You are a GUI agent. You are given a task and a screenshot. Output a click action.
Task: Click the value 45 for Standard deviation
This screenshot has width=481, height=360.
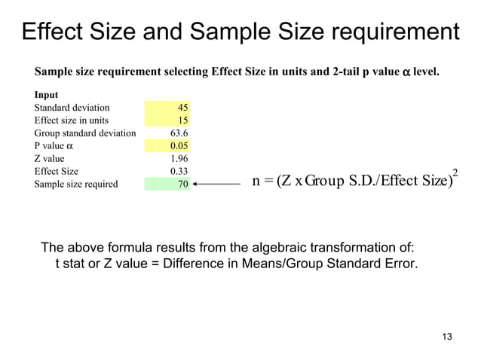pos(182,108)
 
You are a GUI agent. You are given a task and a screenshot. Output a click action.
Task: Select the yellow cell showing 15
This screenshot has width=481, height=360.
pos(182,121)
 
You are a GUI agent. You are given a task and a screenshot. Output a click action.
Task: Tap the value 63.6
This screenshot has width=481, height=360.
pos(178,133)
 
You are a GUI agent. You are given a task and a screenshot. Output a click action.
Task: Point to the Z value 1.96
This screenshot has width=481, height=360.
pos(178,158)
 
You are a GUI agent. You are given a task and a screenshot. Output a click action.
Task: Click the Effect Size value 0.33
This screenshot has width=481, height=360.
pos(178,171)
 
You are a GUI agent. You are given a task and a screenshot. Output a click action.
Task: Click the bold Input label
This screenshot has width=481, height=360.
pos(44,95)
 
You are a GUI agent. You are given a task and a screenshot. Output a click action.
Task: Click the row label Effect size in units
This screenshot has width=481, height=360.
pos(71,121)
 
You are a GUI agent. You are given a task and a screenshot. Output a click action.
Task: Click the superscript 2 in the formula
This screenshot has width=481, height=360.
pos(455,174)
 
